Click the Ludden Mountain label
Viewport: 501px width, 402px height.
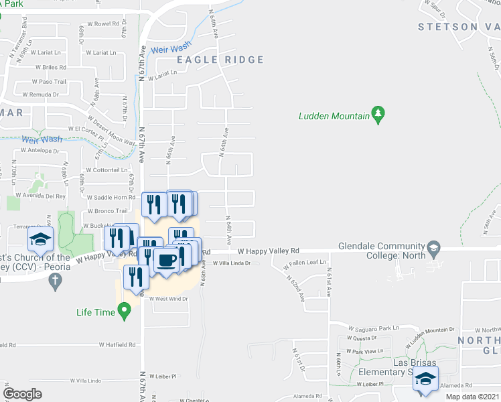(x=334, y=117)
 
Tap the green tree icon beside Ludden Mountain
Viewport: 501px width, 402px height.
(x=378, y=115)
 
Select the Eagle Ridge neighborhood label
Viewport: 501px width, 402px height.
(x=220, y=60)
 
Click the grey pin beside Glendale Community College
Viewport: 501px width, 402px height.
(x=434, y=248)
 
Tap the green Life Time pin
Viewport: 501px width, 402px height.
(x=123, y=310)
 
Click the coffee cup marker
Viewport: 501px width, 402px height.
(x=165, y=260)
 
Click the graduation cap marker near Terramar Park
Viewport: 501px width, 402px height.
(x=40, y=240)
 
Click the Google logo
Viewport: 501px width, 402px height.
(x=23, y=394)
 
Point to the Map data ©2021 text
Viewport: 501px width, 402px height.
(x=472, y=397)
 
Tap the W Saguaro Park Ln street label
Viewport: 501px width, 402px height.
(x=372, y=328)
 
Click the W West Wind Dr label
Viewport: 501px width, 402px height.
(x=169, y=299)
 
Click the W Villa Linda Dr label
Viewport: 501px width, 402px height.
(x=231, y=263)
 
